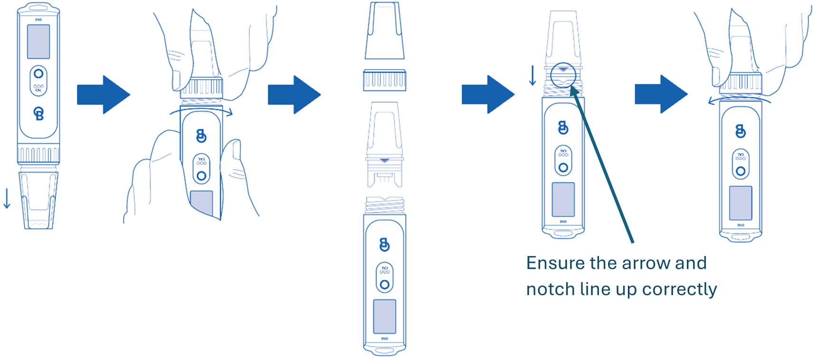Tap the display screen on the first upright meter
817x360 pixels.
click(x=38, y=41)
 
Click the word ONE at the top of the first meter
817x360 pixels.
click(x=38, y=19)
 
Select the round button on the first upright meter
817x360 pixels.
click(x=38, y=74)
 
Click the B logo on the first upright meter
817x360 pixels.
click(x=38, y=114)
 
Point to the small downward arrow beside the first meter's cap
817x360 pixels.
click(x=7, y=199)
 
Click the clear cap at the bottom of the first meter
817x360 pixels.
click(x=38, y=199)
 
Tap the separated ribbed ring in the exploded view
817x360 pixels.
click(x=384, y=80)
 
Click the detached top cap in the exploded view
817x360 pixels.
click(x=384, y=31)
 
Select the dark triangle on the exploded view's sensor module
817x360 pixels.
click(x=384, y=161)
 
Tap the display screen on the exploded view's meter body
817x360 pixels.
click(x=384, y=316)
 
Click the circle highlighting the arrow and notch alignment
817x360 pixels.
click(x=563, y=75)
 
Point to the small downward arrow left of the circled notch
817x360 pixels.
click(x=532, y=76)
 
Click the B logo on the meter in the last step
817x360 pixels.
click(x=740, y=131)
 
